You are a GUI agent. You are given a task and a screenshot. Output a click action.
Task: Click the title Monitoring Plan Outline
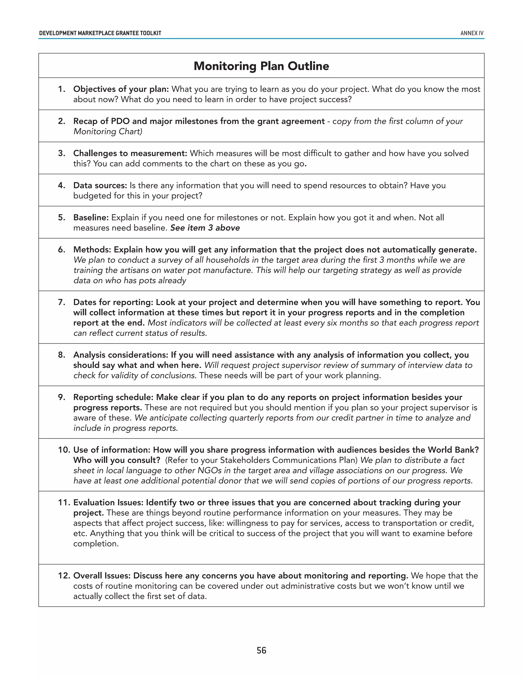point(261,66)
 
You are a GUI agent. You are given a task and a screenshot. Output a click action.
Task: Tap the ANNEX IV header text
point(472,33)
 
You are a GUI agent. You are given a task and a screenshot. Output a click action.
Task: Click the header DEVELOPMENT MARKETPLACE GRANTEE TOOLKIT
point(100,33)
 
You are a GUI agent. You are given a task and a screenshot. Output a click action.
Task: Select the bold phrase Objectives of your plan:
point(121,89)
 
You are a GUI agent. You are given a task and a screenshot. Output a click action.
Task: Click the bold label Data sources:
point(100,185)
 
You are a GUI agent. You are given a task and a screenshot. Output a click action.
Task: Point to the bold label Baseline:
point(91,218)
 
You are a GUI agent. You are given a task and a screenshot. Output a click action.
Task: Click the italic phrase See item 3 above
point(205,228)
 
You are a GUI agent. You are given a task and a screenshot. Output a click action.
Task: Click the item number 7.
point(61,302)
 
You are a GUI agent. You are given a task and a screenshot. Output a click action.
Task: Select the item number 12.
point(64,576)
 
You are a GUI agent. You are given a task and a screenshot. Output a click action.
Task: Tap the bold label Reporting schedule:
point(113,398)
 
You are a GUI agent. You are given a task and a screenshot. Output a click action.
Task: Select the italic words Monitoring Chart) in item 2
point(108,131)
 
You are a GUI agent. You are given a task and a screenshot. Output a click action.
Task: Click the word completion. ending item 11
point(96,543)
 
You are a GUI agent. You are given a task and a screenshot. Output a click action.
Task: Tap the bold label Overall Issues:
point(102,576)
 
